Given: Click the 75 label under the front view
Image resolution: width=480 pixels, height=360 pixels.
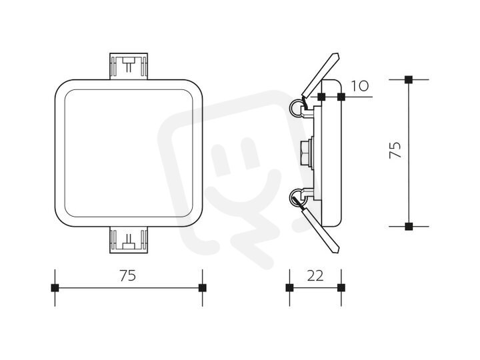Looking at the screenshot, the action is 127,275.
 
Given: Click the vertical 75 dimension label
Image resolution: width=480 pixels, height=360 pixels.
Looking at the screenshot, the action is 395,150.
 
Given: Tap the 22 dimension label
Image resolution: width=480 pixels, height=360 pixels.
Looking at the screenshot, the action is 315,276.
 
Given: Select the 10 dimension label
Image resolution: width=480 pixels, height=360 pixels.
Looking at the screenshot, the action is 360,86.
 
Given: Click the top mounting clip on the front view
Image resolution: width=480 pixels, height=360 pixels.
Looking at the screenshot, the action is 129,66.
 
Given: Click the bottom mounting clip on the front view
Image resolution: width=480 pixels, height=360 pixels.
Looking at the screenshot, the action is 129,240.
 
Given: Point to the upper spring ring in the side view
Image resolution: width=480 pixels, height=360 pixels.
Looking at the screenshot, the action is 297,109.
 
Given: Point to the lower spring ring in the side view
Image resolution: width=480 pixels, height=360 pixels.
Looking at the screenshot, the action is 297,197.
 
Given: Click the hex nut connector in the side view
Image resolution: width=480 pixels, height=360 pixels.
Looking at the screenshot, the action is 306,153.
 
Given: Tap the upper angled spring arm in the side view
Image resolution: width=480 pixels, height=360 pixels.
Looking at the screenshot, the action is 320,75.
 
